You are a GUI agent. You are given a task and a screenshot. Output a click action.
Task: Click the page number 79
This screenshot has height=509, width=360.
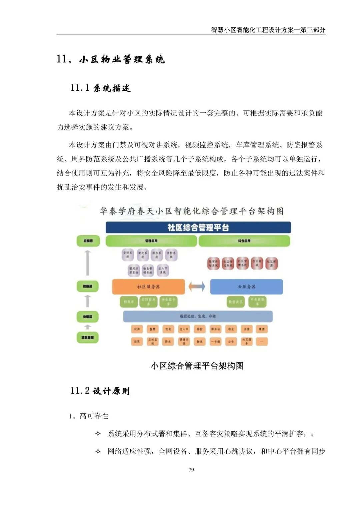click(191, 470)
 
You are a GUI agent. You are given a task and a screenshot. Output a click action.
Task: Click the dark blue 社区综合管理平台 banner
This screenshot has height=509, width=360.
click(198, 227)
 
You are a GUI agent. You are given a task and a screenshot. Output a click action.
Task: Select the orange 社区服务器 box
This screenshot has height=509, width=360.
click(148, 287)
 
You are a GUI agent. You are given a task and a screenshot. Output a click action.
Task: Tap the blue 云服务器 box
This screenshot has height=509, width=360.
click(246, 287)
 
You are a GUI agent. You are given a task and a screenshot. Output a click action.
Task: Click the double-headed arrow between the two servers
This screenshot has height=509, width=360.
click(197, 287)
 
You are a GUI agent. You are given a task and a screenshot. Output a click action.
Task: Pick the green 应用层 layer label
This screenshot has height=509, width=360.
click(88, 241)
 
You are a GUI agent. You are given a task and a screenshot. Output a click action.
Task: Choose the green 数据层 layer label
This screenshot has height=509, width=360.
click(88, 286)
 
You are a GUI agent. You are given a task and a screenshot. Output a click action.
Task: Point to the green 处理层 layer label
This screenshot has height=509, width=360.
click(88, 317)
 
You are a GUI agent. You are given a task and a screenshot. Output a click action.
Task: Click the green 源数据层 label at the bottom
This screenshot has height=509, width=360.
click(88, 338)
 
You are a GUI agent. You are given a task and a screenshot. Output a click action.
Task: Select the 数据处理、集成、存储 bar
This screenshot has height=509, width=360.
click(198, 316)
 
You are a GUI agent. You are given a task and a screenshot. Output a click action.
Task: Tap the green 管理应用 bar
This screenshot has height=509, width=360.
click(151, 241)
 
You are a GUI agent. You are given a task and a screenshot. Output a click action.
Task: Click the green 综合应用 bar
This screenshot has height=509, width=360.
click(244, 241)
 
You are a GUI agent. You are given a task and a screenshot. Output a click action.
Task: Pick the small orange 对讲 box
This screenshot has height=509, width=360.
click(137, 329)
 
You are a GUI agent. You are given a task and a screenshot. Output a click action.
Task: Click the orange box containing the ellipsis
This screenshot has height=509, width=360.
click(262, 342)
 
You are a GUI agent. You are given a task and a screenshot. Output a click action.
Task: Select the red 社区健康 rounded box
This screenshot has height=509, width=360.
click(271, 264)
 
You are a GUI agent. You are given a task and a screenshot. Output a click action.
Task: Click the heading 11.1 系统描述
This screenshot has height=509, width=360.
click(100, 88)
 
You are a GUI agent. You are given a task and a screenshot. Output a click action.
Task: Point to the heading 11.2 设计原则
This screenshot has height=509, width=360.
click(100, 391)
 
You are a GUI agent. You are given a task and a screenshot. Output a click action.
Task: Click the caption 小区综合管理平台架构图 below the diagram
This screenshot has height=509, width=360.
click(197, 366)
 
